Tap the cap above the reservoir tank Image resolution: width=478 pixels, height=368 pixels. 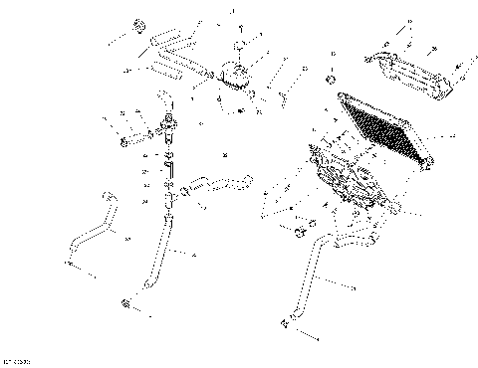tap(239, 47)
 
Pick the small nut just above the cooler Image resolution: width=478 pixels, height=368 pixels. tap(330, 78)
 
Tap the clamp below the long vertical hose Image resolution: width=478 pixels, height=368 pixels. tap(126, 302)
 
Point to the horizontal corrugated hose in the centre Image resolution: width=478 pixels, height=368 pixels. tap(214, 184)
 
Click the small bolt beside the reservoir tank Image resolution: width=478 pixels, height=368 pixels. tap(282, 94)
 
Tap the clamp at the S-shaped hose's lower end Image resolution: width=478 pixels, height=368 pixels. tap(72, 263)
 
